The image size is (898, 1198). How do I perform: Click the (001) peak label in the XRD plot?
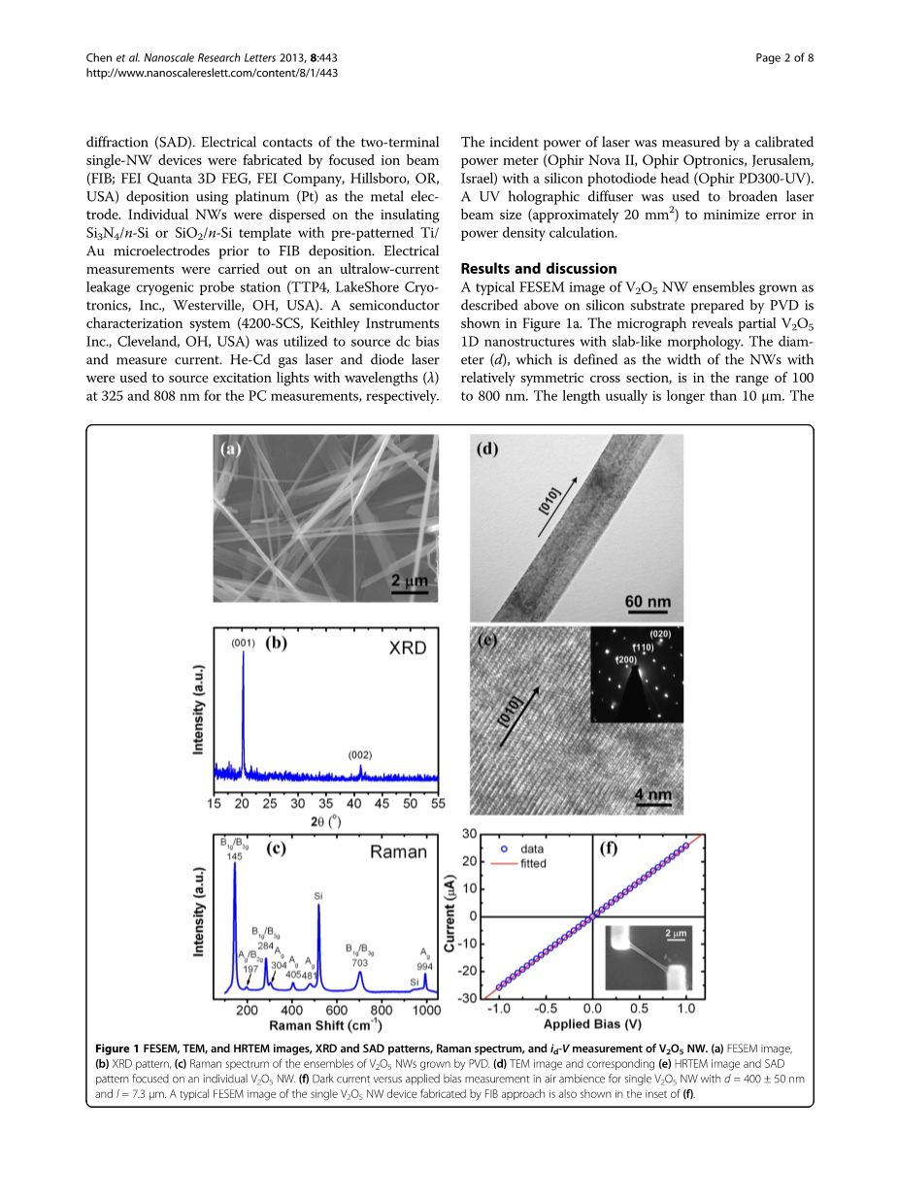tap(242, 643)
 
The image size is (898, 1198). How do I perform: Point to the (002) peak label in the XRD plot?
tap(360, 754)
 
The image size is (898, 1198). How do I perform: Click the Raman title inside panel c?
tap(398, 851)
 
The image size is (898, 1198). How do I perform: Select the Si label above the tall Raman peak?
tap(318, 895)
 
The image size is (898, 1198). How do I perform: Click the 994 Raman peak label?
tap(424, 967)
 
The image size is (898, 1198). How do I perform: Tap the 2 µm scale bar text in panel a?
tap(408, 582)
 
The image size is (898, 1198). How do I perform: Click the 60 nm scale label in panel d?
tap(648, 602)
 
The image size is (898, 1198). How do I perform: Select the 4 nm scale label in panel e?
tap(652, 795)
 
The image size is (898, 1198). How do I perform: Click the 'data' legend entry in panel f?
tap(533, 848)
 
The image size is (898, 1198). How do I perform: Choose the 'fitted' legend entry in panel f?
tap(533, 862)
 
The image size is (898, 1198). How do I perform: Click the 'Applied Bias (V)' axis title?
tap(591, 1023)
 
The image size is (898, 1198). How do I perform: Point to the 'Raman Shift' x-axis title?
tap(325, 1025)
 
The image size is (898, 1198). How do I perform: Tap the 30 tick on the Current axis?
tap(469, 834)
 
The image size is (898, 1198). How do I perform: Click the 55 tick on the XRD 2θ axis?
tap(438, 803)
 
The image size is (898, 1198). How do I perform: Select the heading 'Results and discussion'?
tap(538, 268)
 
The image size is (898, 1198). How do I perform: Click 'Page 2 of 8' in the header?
tap(784, 58)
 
